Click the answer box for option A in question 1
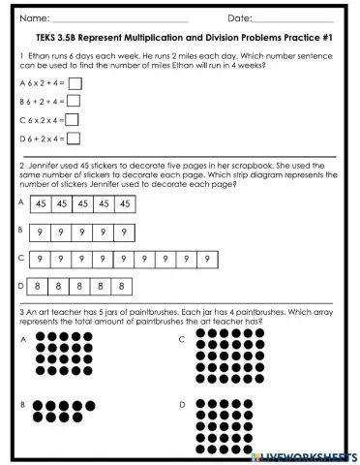75,83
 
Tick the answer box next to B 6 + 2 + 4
74,101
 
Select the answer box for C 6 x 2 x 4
71,120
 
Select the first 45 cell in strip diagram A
41,203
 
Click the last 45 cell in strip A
124,203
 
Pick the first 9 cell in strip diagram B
40,232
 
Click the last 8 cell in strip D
121,287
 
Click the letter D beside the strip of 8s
21,286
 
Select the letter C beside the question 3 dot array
182,339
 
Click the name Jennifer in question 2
44,166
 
